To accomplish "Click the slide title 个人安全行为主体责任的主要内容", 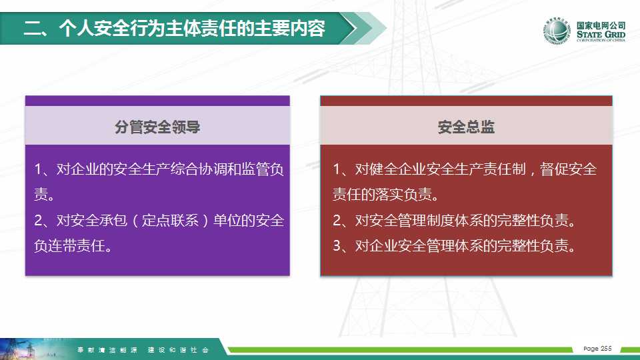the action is (192, 28).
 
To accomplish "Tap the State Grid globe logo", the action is (557, 31).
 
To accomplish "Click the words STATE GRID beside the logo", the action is (601, 34).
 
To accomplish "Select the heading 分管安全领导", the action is (157, 127).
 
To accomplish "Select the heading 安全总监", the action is (466, 127).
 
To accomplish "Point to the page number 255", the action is (606, 348).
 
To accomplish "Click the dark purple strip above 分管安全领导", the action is (157, 101).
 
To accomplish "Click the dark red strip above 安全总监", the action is (466, 101).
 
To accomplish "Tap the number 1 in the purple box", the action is (38, 169).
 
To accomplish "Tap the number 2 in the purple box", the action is (39, 221).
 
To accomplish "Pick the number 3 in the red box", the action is (337, 246).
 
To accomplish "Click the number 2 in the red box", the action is (337, 221).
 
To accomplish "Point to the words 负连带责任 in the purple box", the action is (70, 246).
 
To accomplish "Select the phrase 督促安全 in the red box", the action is (568, 169).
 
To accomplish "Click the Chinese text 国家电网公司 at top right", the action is (601, 25).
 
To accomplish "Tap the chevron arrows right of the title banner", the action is (363, 28).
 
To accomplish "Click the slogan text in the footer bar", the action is (143, 350).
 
